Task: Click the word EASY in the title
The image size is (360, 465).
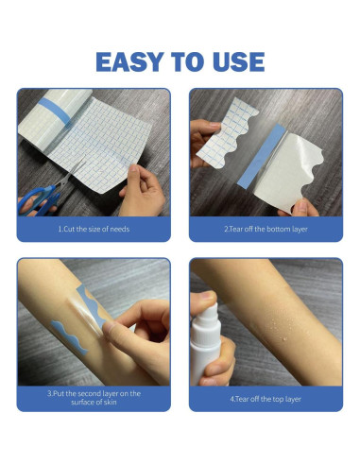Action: pyautogui.click(x=134, y=62)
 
